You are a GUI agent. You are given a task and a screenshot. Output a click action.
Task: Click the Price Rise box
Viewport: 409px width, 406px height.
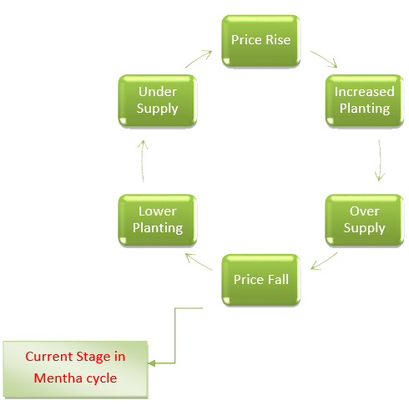[261, 41]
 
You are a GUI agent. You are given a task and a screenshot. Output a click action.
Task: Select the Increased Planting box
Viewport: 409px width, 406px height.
[365, 100]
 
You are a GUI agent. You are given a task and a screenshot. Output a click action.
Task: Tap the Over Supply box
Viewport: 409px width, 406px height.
[365, 220]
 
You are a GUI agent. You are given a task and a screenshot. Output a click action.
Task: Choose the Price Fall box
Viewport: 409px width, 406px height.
[261, 280]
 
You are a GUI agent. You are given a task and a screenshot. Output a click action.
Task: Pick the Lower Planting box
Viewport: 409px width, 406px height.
[158, 220]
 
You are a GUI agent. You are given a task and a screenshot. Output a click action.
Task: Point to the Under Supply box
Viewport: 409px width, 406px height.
[158, 100]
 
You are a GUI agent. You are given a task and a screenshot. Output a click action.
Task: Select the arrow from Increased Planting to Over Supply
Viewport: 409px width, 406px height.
[381, 160]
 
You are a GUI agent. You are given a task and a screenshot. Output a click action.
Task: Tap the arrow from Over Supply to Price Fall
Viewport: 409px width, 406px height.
[325, 261]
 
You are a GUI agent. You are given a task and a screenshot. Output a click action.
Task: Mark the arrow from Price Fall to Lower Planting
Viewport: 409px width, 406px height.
[199, 261]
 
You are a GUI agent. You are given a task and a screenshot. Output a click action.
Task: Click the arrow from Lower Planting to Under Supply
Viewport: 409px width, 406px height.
[142, 160]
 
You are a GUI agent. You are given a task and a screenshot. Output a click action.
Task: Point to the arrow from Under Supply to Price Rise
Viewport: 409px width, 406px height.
[199, 58]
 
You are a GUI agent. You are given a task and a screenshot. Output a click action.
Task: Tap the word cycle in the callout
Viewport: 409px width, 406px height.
[102, 379]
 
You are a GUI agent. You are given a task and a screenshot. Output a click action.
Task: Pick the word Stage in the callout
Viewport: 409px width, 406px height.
[93, 358]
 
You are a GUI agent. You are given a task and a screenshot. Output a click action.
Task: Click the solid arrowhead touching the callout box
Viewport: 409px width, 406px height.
[152, 363]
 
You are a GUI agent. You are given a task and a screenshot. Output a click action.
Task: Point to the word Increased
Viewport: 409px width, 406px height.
[365, 92]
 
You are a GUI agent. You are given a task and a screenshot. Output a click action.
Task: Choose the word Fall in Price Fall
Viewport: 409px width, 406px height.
[277, 279]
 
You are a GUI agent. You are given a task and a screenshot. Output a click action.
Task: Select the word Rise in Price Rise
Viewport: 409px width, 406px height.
[278, 40]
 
